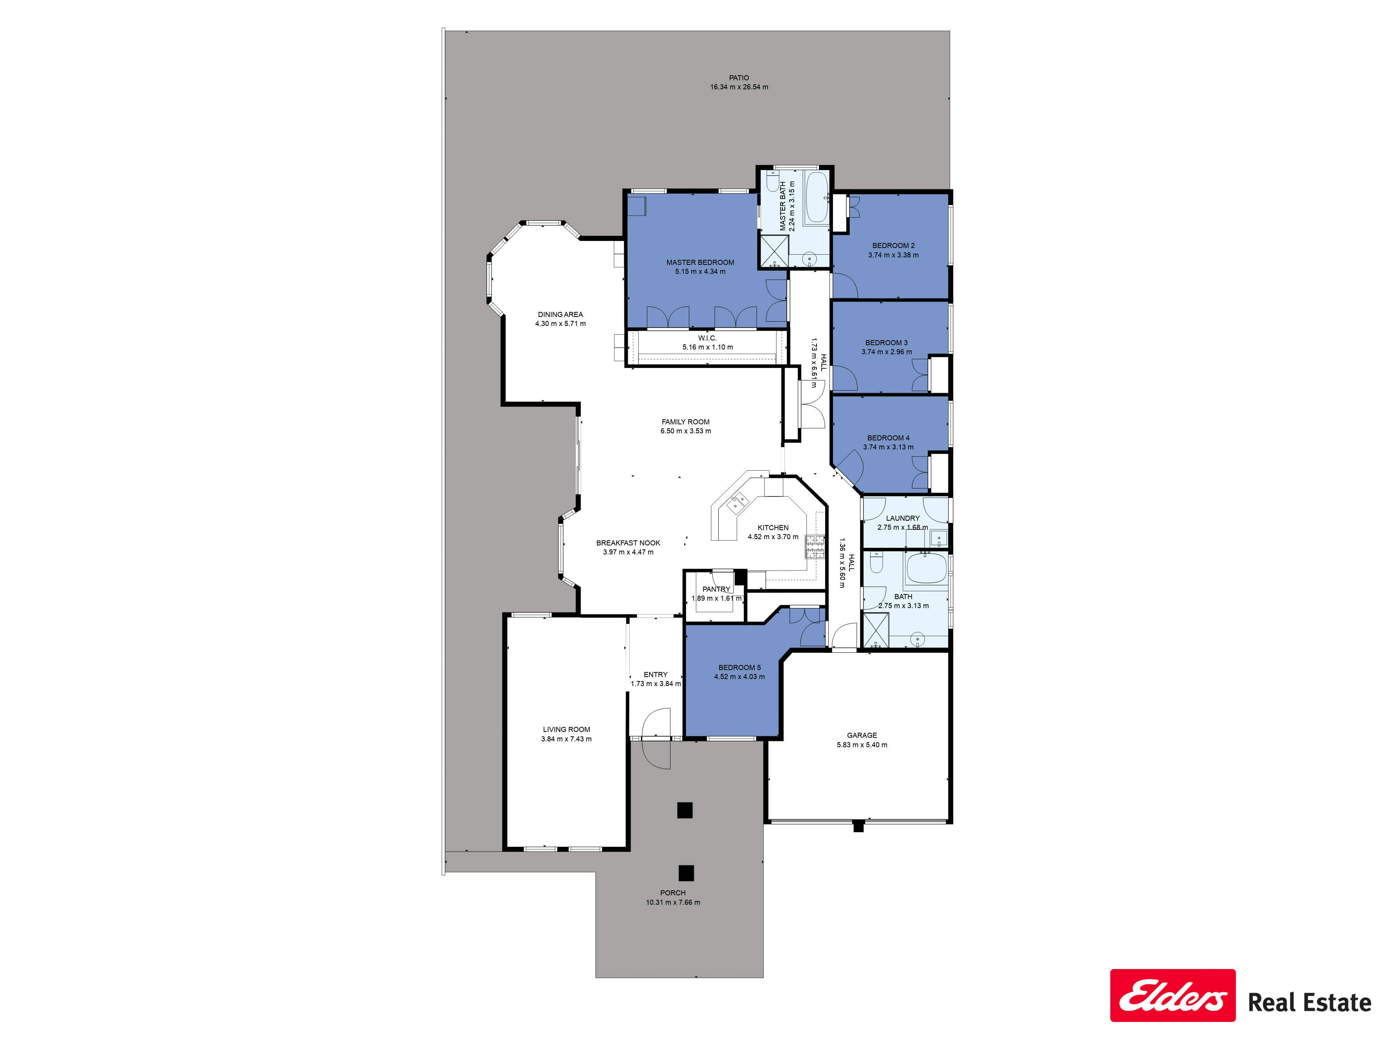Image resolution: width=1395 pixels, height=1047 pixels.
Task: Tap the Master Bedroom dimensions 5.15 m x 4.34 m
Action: tap(700, 272)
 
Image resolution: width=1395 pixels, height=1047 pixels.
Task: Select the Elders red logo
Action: tap(1173, 1004)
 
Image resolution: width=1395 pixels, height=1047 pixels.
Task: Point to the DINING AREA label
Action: tap(560, 314)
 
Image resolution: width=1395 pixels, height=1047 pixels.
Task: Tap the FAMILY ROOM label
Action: tap(685, 422)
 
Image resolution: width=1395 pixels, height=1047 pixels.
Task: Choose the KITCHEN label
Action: tap(773, 527)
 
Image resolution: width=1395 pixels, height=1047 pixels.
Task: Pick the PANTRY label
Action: tap(716, 589)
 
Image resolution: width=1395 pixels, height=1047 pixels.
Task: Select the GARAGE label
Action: tap(862, 735)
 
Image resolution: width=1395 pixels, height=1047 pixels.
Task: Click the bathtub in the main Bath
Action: tap(927, 568)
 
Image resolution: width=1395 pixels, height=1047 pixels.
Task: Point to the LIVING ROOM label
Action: tap(566, 730)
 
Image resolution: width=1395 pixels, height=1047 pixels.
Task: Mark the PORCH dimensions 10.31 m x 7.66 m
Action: tap(673, 902)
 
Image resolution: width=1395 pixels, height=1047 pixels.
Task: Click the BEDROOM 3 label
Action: tap(887, 343)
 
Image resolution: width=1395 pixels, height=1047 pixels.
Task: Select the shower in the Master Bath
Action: tap(774, 250)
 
